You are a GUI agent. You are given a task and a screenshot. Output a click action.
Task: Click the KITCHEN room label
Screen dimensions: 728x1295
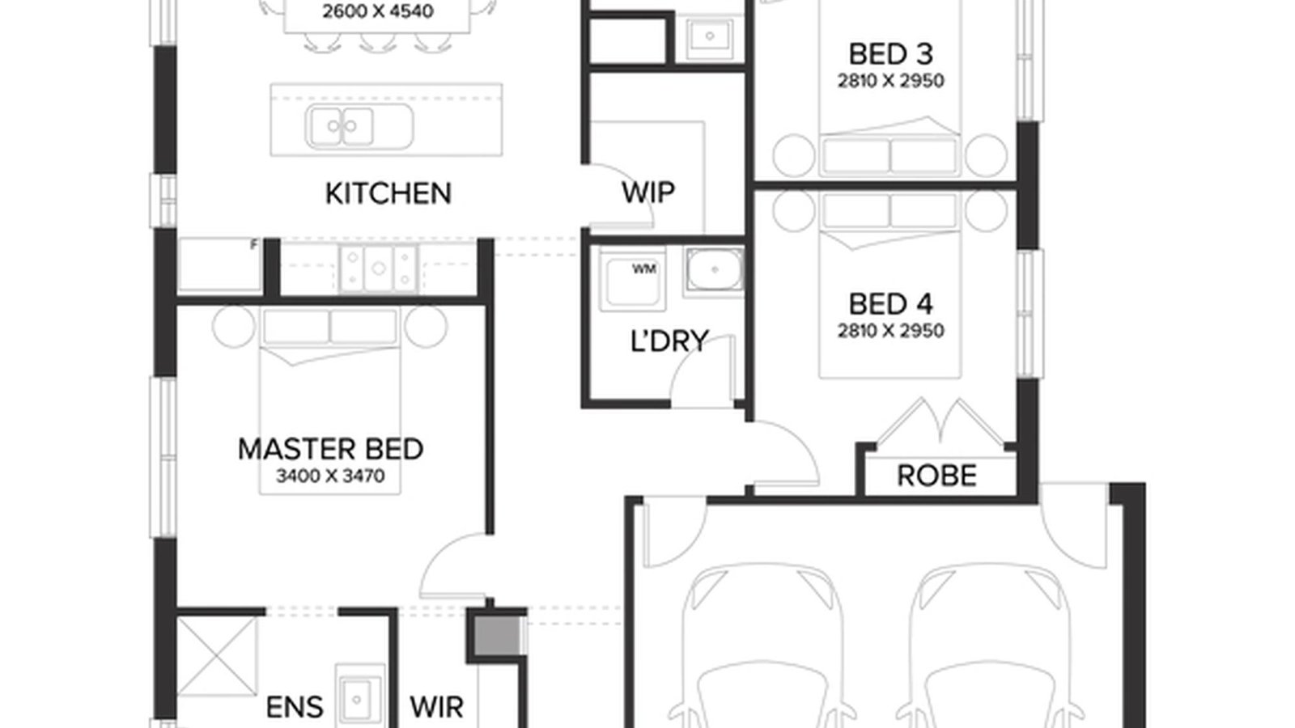pos(388,193)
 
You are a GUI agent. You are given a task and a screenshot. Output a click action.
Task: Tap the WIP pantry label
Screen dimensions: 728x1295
pos(647,193)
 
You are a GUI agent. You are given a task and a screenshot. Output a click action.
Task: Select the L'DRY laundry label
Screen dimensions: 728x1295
pos(669,341)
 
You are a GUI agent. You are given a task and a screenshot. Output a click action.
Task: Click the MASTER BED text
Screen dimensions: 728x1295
pos(330,449)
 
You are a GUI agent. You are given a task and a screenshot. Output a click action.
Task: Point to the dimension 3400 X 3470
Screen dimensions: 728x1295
pos(330,476)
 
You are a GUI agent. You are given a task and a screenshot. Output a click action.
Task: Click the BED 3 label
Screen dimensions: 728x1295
pos(890,54)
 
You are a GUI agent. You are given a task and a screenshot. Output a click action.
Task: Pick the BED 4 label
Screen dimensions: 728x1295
pos(890,304)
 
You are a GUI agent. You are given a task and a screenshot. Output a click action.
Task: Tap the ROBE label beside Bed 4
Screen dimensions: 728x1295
pos(936,476)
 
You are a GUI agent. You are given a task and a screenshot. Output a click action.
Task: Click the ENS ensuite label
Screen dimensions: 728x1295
pos(295,708)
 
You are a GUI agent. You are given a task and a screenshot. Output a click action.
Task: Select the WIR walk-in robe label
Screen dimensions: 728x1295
pos(436,707)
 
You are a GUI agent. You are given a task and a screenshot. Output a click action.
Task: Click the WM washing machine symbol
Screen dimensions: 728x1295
pos(632,280)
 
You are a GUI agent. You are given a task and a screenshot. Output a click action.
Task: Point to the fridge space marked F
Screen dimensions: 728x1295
pos(219,265)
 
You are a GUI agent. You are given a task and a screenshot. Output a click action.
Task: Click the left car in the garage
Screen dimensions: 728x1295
pos(761,647)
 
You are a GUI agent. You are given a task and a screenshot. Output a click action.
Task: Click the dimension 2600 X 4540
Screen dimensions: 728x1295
pos(377,12)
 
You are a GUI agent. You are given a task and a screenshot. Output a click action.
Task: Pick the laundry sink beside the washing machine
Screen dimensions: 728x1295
pos(713,269)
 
